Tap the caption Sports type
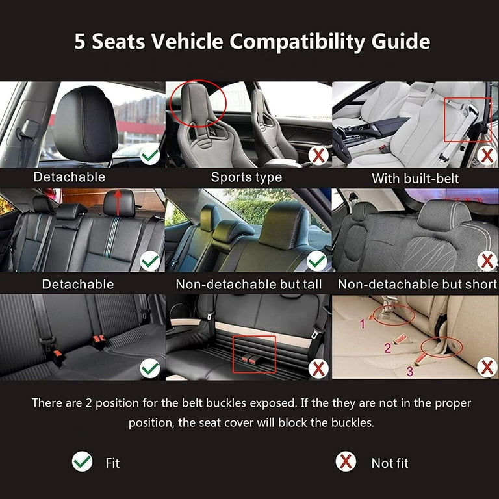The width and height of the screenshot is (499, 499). pyautogui.click(x=246, y=177)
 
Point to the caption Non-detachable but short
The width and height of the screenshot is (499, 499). pyautogui.click(x=417, y=284)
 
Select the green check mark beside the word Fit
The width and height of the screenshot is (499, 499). pyautogui.click(x=82, y=462)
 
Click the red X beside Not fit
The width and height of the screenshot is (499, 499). pyautogui.click(x=346, y=462)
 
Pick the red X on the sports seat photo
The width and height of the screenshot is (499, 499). pyautogui.click(x=318, y=155)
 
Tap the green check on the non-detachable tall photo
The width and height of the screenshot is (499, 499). pyautogui.click(x=317, y=261)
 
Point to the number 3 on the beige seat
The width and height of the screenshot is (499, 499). pyautogui.click(x=409, y=372)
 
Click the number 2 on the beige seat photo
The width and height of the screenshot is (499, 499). pyautogui.click(x=387, y=348)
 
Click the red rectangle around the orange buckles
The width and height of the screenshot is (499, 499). pyautogui.click(x=254, y=354)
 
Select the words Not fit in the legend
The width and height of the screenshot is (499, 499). pyautogui.click(x=390, y=463)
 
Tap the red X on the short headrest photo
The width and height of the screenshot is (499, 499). pyautogui.click(x=487, y=261)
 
